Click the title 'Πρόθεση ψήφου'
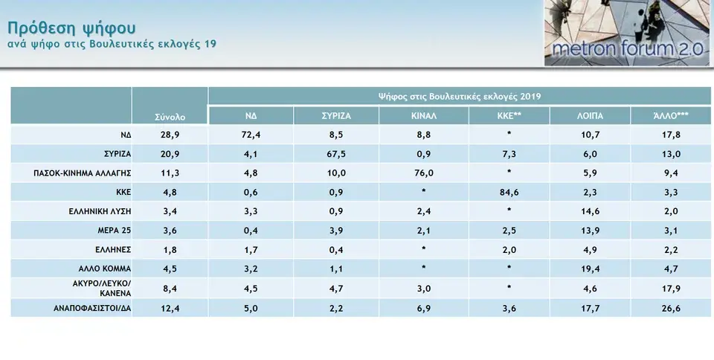click(71, 28)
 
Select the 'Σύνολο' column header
click(170, 117)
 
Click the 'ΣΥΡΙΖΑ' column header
click(336, 117)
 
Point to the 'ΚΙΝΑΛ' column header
click(423, 117)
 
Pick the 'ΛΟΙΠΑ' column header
click(590, 117)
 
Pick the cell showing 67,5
click(336, 154)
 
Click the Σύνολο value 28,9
click(170, 135)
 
